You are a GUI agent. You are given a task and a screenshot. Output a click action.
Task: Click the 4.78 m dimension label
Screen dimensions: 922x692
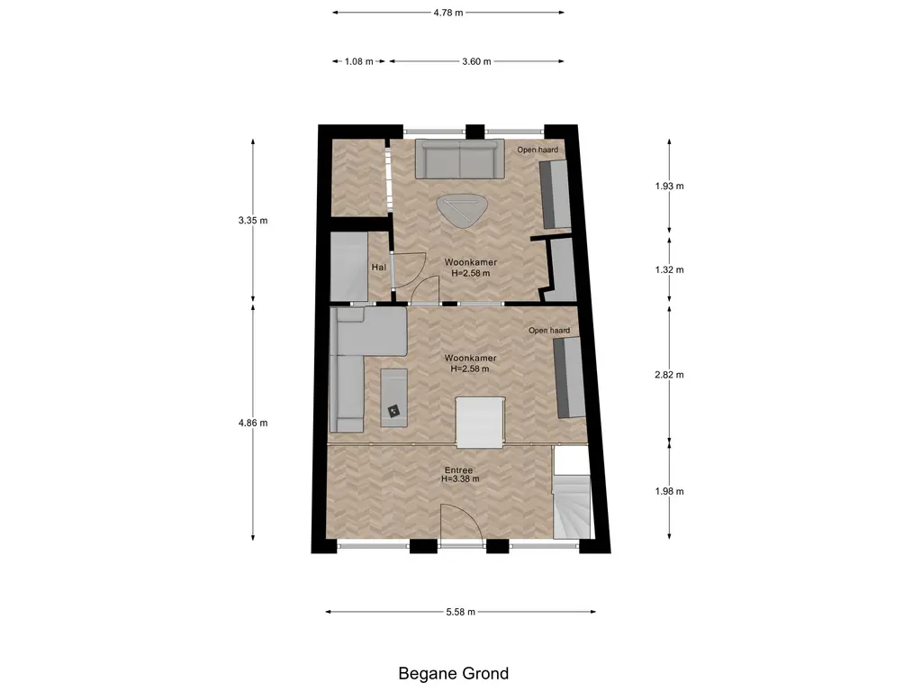(448, 13)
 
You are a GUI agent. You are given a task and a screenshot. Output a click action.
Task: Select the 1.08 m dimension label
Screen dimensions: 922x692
(358, 61)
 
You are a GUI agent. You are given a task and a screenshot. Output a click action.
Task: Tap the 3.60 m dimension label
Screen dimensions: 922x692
(476, 61)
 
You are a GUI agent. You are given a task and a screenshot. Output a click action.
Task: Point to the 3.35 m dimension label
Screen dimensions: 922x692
(253, 221)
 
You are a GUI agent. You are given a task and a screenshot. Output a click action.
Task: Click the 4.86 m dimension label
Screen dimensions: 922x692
(253, 423)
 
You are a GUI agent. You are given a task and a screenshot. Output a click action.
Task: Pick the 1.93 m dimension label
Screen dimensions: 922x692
(669, 186)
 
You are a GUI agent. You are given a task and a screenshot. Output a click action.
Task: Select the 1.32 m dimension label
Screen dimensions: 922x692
(669, 270)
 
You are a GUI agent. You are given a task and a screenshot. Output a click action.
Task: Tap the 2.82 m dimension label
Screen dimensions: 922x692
(669, 375)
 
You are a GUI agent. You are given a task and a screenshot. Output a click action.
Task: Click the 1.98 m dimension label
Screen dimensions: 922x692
(669, 491)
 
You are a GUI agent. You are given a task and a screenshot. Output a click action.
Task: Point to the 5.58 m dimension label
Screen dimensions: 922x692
(460, 612)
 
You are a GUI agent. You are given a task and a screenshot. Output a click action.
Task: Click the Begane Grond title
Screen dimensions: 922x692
(454, 673)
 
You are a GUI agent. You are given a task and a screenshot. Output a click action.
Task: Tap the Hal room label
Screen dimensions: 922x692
(379, 267)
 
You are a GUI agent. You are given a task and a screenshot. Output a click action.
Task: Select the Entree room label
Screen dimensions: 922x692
(458, 470)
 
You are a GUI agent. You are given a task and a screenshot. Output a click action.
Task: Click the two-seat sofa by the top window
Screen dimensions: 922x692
(460, 159)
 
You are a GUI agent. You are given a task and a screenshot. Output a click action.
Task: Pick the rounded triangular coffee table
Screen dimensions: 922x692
(462, 209)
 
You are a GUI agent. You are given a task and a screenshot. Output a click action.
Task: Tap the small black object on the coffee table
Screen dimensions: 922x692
(393, 410)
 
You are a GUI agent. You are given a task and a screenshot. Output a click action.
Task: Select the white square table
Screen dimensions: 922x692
(481, 423)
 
